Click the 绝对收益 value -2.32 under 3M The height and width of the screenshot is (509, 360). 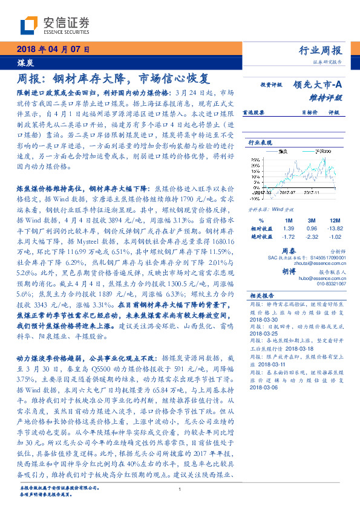point(311,238)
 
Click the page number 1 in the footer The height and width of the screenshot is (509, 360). point(180,497)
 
